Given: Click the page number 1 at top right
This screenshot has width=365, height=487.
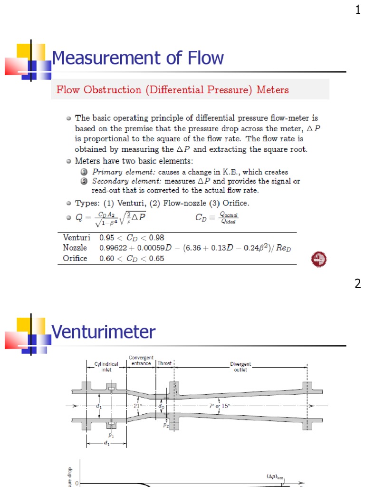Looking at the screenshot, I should point(358,10).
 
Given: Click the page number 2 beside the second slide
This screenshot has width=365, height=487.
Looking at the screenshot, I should point(358,284).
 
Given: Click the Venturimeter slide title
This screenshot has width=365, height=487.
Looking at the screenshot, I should point(103,332).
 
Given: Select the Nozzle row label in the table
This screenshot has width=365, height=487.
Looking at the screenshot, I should point(75,248).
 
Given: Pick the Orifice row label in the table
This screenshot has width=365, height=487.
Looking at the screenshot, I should point(75,258).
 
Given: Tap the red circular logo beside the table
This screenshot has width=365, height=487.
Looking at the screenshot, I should point(319,259).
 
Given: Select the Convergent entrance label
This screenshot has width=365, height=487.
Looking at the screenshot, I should point(141,360).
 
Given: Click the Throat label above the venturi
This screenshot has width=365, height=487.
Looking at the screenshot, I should point(164,363).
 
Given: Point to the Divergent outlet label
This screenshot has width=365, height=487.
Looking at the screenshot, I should point(240,367).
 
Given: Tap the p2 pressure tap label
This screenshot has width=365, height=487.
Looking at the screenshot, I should point(166,426).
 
